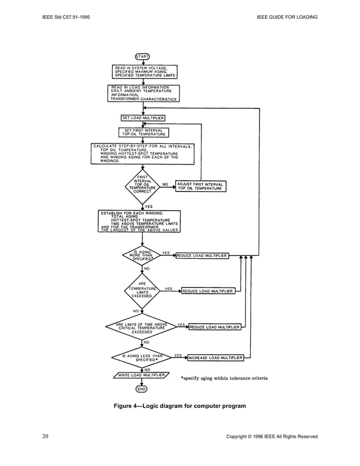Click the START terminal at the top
tap(141, 56)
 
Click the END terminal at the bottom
tap(141, 389)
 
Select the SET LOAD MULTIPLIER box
tap(143, 118)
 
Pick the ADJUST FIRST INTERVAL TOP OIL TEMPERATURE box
tap(200, 186)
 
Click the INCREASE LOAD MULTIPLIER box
tap(216, 358)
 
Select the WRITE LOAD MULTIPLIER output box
tap(141, 375)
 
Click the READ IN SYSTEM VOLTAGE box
tap(145, 72)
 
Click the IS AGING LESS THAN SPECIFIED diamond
tap(141, 357)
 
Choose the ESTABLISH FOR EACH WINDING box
tap(139, 221)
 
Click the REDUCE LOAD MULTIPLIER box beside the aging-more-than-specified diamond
tap(202, 256)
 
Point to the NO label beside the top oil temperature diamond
tap(165, 184)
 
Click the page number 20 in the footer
tap(46, 436)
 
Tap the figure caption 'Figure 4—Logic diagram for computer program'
tap(179, 406)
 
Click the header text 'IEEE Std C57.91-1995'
tap(66, 17)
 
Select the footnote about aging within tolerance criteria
tap(223, 377)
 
